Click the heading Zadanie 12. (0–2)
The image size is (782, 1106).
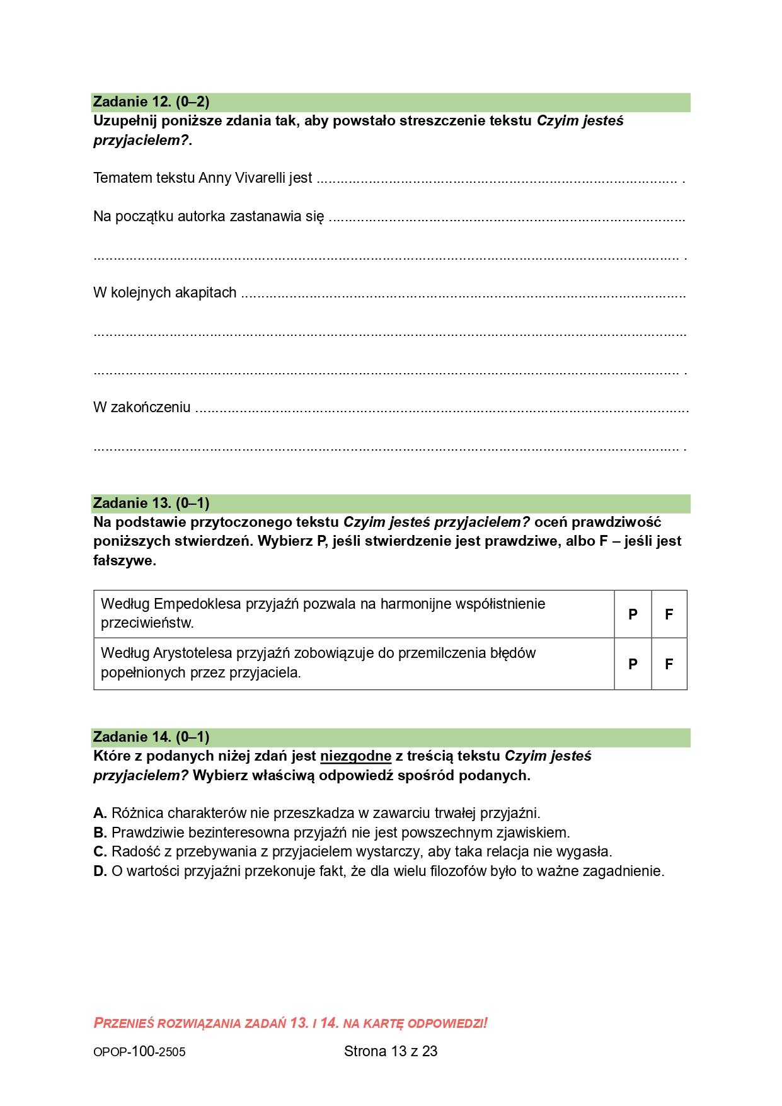pyautogui.click(x=151, y=102)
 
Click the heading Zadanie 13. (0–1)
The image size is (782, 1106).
pyautogui.click(x=151, y=504)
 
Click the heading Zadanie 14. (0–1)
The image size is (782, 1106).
pyautogui.click(x=151, y=737)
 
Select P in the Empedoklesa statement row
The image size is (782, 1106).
pyautogui.click(x=633, y=614)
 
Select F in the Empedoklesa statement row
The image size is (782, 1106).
pyautogui.click(x=669, y=614)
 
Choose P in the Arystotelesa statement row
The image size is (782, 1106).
pyautogui.click(x=633, y=664)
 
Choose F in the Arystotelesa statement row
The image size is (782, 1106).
pyautogui.click(x=669, y=664)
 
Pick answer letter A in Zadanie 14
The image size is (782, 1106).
pyautogui.click(x=100, y=814)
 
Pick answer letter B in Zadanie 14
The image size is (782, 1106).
pyautogui.click(x=100, y=833)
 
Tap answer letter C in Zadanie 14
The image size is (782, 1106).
pyautogui.click(x=100, y=852)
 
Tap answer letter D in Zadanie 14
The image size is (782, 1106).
pyautogui.click(x=100, y=872)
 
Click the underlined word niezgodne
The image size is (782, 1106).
pyautogui.click(x=355, y=756)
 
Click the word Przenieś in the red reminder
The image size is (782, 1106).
pyautogui.click(x=124, y=1023)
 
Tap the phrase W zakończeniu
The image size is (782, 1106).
pyautogui.click(x=142, y=408)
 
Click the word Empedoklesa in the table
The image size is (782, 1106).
pyautogui.click(x=197, y=604)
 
